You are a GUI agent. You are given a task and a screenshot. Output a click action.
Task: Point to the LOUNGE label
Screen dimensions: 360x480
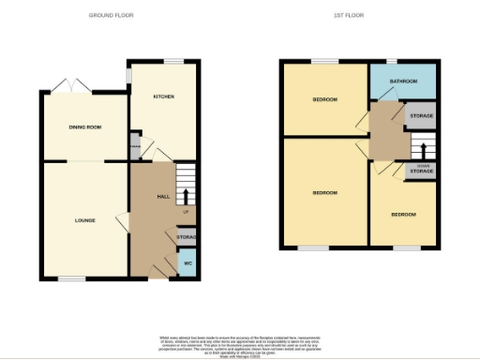(85, 220)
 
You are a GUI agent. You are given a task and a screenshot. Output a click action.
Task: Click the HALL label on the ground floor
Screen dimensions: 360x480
(162, 196)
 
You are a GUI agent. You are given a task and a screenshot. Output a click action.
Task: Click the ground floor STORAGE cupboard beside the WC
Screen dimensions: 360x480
(187, 238)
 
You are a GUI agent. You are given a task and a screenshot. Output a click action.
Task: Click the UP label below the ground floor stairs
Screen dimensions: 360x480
(186, 213)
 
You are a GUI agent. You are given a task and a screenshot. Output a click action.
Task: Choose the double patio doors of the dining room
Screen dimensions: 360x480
(70, 86)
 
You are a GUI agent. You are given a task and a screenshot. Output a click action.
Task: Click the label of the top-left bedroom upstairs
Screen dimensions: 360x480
(324, 99)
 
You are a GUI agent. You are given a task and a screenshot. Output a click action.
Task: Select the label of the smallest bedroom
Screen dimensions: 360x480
(403, 215)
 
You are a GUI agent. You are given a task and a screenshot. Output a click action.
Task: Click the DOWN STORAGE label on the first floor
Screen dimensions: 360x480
(421, 170)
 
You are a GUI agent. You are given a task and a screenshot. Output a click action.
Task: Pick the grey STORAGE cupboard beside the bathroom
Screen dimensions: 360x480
(421, 115)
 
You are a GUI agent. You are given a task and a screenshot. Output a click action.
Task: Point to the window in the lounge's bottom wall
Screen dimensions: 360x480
(71, 278)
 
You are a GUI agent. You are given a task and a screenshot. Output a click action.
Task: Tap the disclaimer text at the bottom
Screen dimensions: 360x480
(240, 343)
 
